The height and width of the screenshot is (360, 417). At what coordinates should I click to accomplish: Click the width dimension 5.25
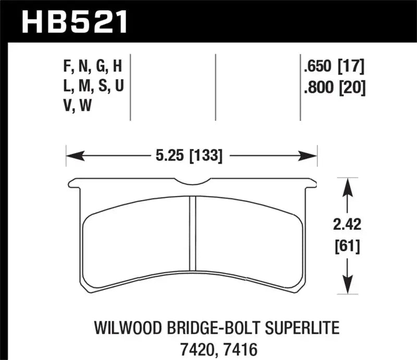pyautogui.click(x=166, y=155)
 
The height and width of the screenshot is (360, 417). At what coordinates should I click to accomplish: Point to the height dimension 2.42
pyautogui.click(x=347, y=226)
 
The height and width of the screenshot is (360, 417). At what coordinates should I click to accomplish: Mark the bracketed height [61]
pyautogui.click(x=347, y=245)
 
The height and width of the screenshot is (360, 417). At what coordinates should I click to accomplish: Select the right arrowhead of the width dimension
pyautogui.click(x=313, y=155)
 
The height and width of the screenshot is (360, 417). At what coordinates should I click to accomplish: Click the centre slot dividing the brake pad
pyautogui.click(x=192, y=238)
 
